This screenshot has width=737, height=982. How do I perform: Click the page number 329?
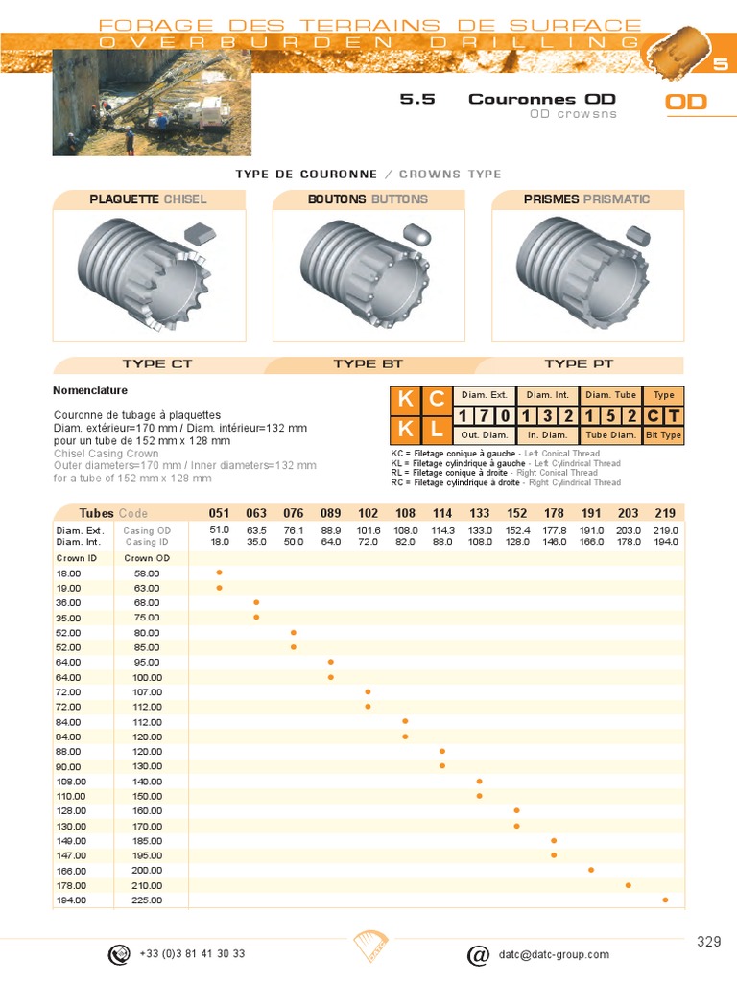(x=708, y=942)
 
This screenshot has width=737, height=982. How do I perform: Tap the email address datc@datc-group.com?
(x=554, y=954)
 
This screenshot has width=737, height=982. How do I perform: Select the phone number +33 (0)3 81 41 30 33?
(x=192, y=954)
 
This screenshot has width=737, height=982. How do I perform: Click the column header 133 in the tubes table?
(x=480, y=513)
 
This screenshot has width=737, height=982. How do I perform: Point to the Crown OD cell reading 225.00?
(x=148, y=900)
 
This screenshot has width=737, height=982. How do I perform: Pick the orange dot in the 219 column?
(x=665, y=900)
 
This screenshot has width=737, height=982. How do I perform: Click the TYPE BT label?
(x=368, y=364)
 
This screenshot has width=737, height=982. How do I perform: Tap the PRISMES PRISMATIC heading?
(x=586, y=199)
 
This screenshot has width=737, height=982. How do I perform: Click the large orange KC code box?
(x=420, y=399)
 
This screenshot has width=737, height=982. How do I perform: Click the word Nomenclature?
(x=90, y=391)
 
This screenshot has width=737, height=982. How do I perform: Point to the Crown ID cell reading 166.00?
(x=71, y=871)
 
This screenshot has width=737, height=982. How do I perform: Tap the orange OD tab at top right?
(x=686, y=102)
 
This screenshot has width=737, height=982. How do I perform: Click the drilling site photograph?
(x=144, y=103)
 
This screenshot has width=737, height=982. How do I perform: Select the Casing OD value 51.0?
(x=219, y=530)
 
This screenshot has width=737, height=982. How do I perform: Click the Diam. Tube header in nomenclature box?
(x=610, y=395)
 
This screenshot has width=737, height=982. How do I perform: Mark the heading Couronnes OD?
(x=541, y=99)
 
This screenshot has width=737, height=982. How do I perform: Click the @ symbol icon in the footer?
(x=477, y=955)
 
